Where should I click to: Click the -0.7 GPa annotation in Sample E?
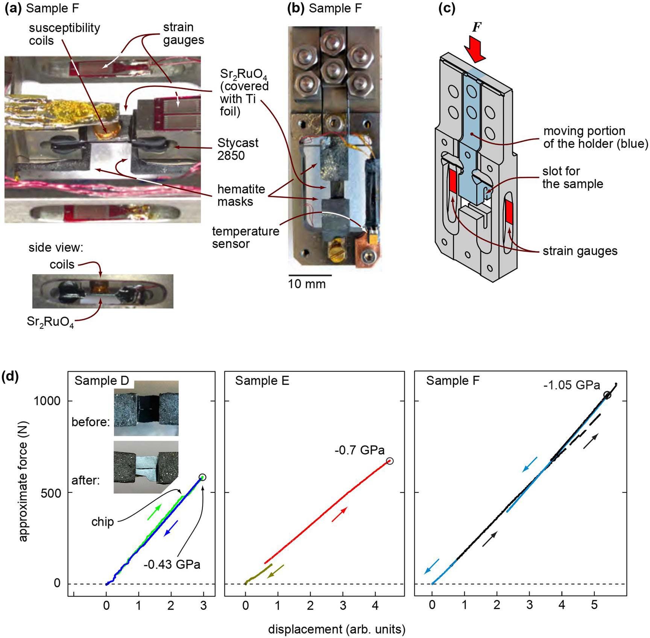[x=359, y=450]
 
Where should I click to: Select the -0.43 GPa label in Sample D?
[x=172, y=564]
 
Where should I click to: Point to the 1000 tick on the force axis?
[x=47, y=401]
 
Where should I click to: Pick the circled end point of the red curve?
[x=390, y=461]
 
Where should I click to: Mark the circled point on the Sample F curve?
[x=607, y=395]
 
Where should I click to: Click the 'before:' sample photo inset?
[x=146, y=409]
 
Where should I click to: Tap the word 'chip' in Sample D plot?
[x=102, y=522]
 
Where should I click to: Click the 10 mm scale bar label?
[x=307, y=284]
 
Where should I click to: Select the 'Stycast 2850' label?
[x=238, y=149]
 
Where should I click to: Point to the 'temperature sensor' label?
[x=246, y=237]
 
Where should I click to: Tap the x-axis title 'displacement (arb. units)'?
[x=337, y=629]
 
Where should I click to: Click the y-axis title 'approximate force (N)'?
[x=23, y=481]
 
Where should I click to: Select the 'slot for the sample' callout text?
[x=572, y=178]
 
